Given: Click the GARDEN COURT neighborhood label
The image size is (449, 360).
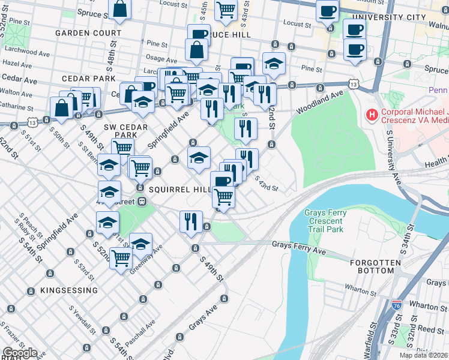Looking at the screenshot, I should click(x=88, y=32).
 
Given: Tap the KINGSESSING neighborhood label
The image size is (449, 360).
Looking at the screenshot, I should click(x=69, y=290).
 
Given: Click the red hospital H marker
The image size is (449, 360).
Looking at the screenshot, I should click(x=372, y=114).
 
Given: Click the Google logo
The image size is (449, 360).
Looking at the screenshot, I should click(x=20, y=353).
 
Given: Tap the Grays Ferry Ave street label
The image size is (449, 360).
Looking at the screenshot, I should click(x=298, y=245).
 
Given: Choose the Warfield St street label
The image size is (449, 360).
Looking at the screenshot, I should click(x=373, y=340).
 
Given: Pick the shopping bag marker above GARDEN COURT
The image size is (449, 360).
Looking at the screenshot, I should click(x=121, y=9).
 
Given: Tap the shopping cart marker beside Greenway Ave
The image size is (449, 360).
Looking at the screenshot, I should click(x=121, y=259).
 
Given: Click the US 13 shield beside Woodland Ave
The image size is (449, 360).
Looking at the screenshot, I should click(x=355, y=85).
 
